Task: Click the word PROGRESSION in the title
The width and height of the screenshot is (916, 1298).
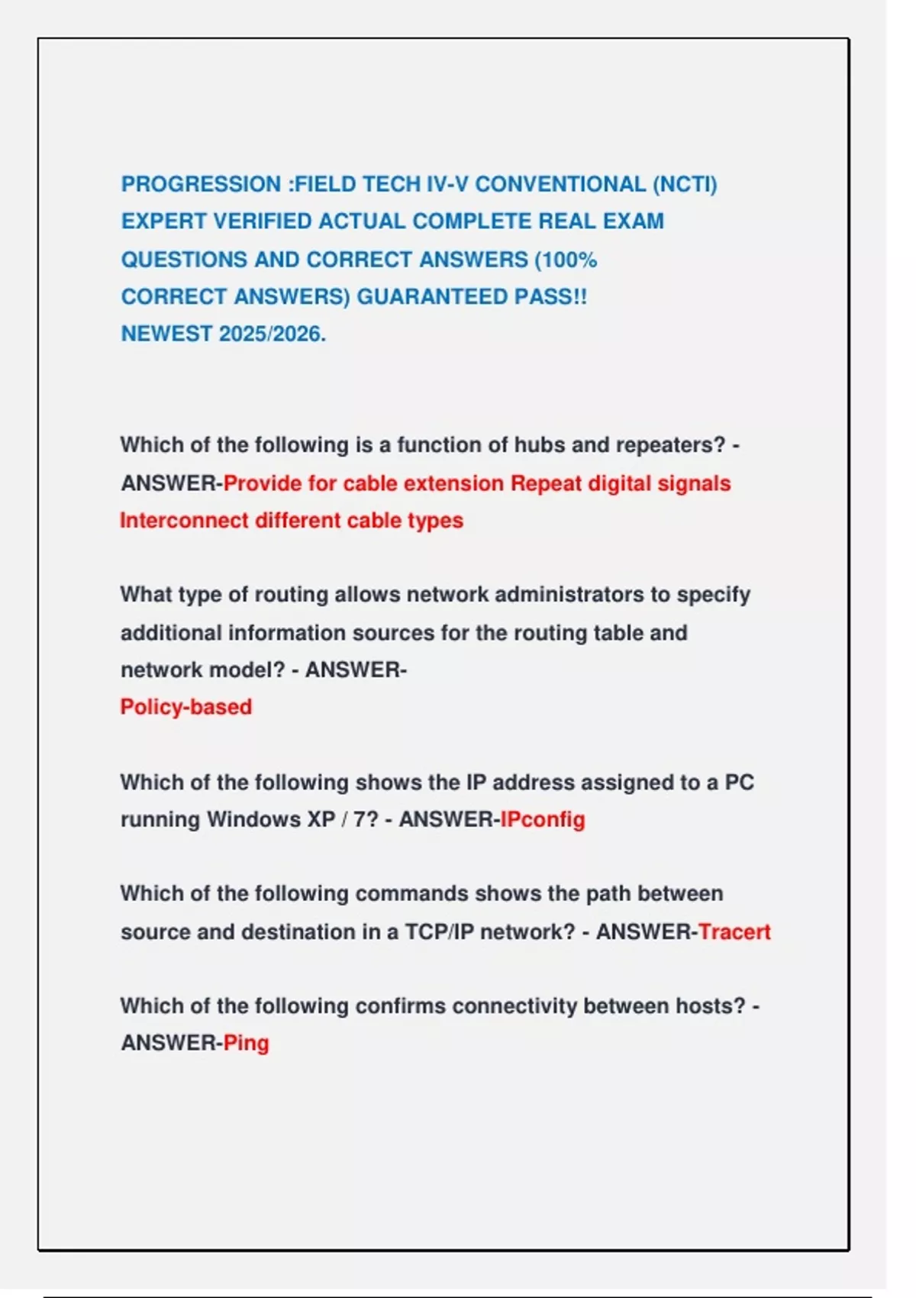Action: (201, 185)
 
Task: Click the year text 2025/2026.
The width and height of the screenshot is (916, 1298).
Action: (272, 334)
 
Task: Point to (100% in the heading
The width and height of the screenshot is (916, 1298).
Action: (566, 260)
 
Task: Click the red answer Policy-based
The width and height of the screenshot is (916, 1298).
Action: (185, 707)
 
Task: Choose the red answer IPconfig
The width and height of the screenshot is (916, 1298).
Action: (542, 820)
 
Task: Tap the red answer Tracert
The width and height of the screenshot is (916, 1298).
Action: (734, 932)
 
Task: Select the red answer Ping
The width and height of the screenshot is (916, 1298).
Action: (246, 1044)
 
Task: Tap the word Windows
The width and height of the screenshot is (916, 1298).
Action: (253, 820)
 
